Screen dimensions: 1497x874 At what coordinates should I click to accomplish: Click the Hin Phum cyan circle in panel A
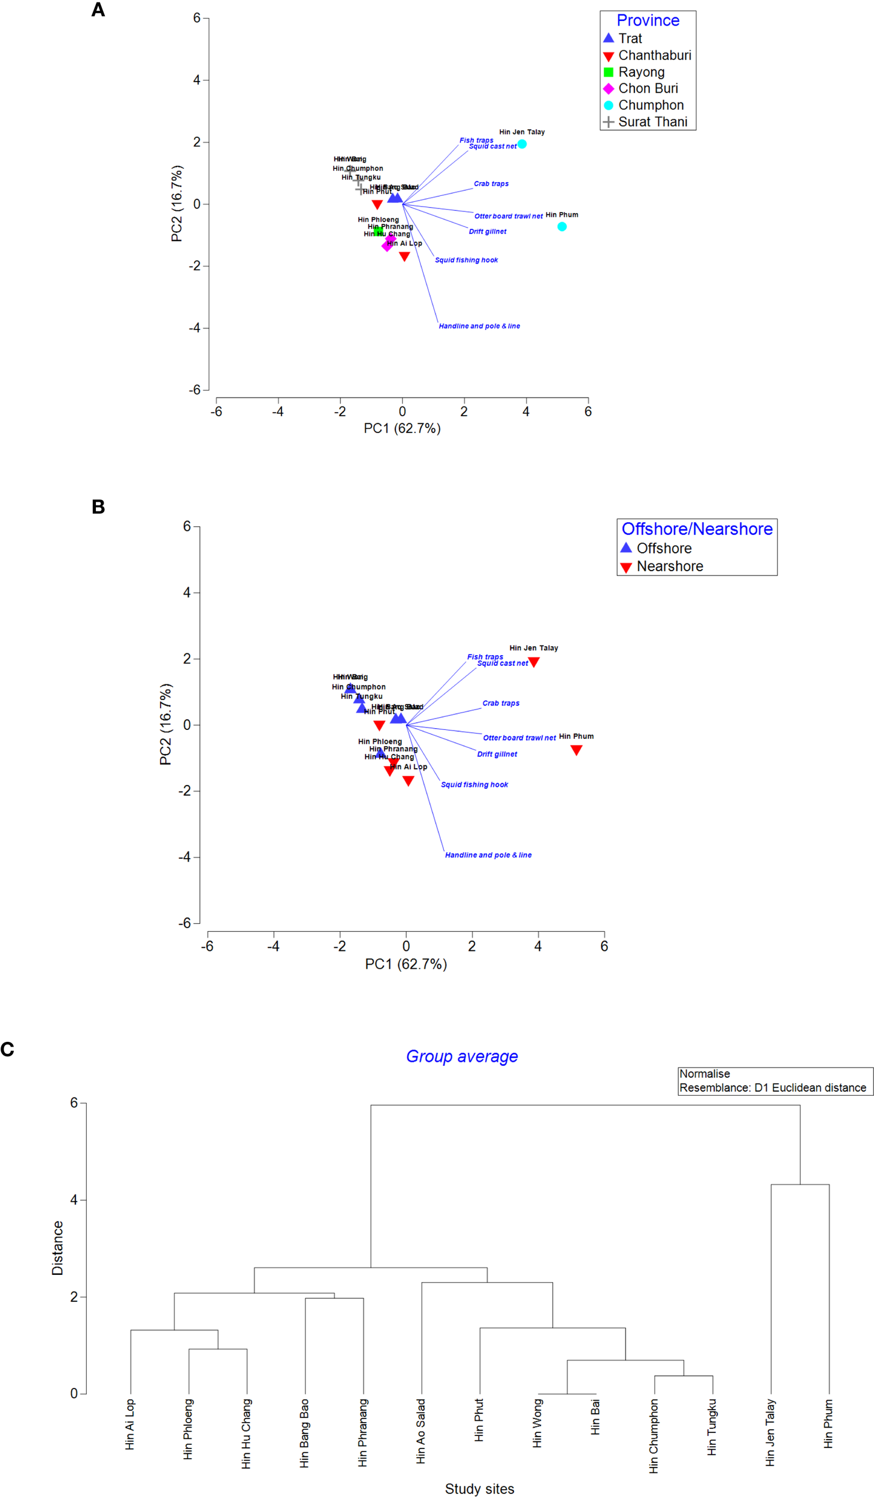[x=561, y=226]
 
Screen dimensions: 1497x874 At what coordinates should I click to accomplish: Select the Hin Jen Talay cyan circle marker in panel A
[x=522, y=144]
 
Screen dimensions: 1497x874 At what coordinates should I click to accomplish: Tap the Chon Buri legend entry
[x=648, y=89]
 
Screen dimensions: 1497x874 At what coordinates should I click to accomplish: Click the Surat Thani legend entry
[x=652, y=122]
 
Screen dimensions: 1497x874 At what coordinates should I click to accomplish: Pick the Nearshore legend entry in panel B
[x=669, y=566]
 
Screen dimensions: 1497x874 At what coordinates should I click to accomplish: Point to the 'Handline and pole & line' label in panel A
[x=479, y=326]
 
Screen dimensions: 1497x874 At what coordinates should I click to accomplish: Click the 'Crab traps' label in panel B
[x=501, y=703]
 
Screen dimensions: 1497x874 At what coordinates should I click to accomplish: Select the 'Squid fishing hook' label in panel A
[x=466, y=260]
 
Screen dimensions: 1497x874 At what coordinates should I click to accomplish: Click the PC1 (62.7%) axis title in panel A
[x=402, y=428]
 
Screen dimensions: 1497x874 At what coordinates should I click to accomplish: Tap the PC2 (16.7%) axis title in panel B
[x=166, y=725]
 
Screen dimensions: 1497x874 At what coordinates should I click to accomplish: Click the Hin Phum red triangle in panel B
[x=576, y=750]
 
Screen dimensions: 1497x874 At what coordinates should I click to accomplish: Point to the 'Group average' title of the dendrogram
[x=462, y=1056]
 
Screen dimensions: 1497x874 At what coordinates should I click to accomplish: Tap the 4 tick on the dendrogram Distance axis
[x=74, y=1199]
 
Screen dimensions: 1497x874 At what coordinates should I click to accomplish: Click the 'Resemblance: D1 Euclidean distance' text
[x=772, y=1087]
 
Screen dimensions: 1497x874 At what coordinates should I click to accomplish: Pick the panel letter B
[x=98, y=507]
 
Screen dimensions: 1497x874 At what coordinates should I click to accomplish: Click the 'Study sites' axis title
[x=479, y=1489]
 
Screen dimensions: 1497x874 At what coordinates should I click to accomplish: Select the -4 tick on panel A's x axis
[x=278, y=411]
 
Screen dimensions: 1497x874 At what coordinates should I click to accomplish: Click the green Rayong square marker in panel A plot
[x=378, y=231]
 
